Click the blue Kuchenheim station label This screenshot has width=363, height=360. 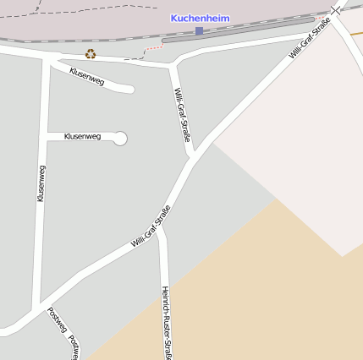coord(200,18)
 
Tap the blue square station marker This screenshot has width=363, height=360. coord(199,31)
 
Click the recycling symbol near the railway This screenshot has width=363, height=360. coord(91,54)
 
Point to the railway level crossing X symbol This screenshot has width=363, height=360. coord(337,9)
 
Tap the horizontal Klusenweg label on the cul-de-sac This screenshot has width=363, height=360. coord(82,136)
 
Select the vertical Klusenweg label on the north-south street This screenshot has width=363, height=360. coord(41,183)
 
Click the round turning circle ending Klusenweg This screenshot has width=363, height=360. coord(120,138)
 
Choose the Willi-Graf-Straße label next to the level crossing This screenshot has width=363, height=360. coord(309,38)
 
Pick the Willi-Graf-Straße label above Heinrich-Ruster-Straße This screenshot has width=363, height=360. coord(151,226)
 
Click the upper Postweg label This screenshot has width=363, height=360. coord(57,319)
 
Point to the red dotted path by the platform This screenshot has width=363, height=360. coord(153,48)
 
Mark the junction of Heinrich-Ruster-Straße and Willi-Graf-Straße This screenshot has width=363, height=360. coord(158,227)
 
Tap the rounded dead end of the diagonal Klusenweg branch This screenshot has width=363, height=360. coord(130,89)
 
